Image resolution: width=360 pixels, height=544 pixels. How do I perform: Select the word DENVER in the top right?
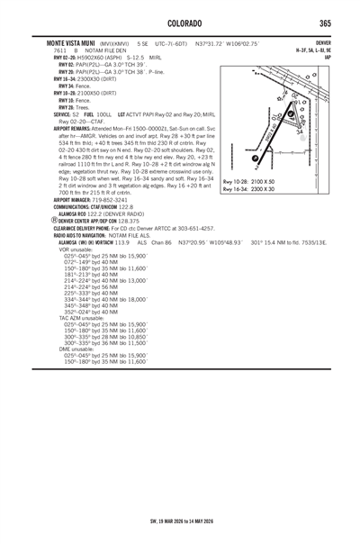tap(323, 41)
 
